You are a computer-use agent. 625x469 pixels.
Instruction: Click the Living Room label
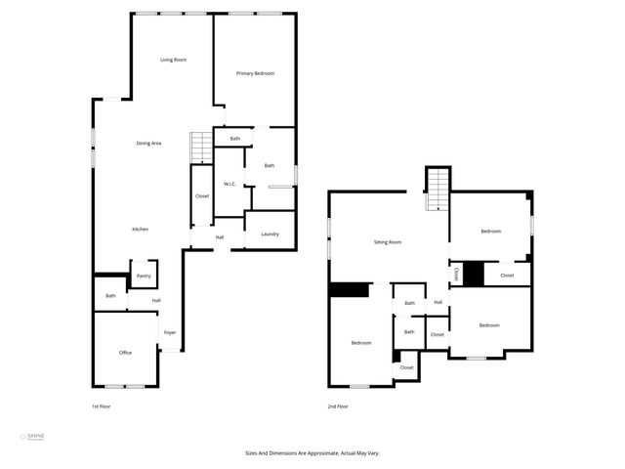174,61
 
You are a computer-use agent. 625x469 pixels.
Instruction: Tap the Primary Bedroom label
255,74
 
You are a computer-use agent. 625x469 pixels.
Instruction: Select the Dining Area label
148,144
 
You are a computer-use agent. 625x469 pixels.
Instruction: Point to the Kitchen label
141,230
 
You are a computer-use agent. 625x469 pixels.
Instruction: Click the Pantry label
144,277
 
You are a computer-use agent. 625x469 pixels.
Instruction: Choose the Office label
125,353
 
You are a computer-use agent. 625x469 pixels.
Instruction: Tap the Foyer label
170,333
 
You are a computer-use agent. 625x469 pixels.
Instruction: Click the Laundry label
270,234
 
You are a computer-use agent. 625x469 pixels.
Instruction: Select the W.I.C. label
230,185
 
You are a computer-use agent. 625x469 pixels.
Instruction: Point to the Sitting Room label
388,241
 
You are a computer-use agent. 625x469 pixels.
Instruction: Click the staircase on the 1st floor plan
202,148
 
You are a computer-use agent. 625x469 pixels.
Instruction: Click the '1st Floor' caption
102,406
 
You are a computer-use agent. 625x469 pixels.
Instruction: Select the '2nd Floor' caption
338,406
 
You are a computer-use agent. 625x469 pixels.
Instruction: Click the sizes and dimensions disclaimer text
312,453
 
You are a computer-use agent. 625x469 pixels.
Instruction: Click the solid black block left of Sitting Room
350,289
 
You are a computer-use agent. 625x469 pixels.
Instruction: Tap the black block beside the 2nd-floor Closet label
474,275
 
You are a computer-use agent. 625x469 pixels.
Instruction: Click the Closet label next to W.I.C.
202,196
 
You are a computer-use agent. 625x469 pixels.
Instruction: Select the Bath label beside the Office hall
110,296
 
